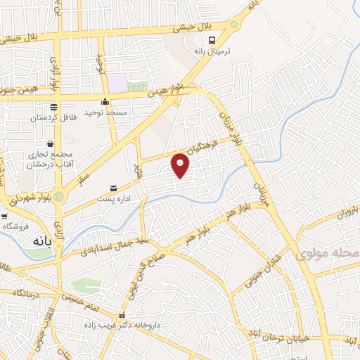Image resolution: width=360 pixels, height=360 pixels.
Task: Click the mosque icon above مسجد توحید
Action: [105, 101]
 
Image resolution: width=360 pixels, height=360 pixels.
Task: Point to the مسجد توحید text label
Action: [105, 112]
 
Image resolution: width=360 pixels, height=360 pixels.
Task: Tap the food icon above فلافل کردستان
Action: [53, 107]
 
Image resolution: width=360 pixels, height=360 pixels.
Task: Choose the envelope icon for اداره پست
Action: [114, 188]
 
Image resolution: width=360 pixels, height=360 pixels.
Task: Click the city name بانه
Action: [41, 240]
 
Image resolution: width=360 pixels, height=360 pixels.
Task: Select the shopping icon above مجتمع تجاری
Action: [50, 143]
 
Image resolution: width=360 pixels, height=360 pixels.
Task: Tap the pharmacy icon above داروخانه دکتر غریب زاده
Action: [122, 316]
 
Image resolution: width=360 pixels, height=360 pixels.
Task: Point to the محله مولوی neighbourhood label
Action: [328, 252]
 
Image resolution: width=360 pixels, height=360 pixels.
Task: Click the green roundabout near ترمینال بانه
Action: [233, 24]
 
